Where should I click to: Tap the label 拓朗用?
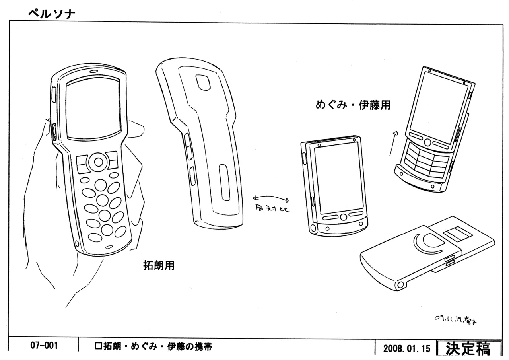click(159, 265)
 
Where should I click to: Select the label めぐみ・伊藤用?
click(353, 105)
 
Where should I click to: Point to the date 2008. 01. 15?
click(406, 349)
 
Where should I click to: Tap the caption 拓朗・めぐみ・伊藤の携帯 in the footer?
click(153, 347)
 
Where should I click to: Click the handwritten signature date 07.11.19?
click(456, 319)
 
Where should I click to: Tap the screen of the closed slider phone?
click(339, 178)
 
